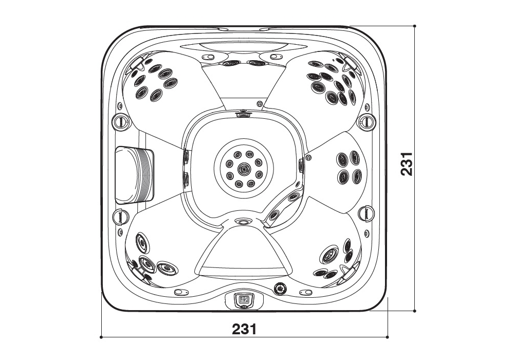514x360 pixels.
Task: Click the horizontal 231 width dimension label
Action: click(x=244, y=329)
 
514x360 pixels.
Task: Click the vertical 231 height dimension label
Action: click(x=407, y=164)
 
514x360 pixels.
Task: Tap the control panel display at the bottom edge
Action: click(x=244, y=299)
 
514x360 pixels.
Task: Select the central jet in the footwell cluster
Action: click(x=244, y=169)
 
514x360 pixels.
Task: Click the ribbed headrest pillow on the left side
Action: click(x=134, y=175)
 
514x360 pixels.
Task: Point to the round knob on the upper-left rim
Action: click(x=120, y=121)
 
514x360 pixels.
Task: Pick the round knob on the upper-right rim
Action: click(x=366, y=121)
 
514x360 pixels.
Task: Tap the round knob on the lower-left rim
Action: click(x=120, y=215)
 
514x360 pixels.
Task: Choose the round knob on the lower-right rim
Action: click(x=366, y=213)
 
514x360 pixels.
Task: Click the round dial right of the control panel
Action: click(x=281, y=289)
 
